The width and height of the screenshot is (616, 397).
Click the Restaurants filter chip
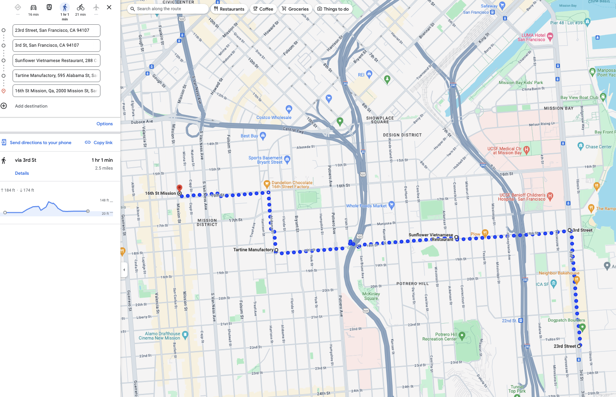[229, 9]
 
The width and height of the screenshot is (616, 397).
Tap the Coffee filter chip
[263, 9]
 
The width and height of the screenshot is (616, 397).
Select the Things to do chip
[333, 9]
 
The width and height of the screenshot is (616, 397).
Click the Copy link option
[99, 143]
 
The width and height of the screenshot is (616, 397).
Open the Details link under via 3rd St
[22, 173]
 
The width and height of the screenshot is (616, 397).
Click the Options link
[104, 124]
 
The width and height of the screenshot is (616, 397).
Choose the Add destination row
[31, 106]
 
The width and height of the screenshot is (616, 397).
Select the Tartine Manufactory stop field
[56, 76]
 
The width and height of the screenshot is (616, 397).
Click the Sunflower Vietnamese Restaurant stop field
[56, 60]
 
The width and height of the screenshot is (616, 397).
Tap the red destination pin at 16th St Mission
[179, 188]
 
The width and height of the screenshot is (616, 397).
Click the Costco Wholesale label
[274, 117]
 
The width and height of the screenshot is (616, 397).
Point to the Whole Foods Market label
[366, 206]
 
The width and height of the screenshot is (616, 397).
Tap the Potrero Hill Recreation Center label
[439, 337]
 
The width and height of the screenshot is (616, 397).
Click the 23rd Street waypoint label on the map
[565, 346]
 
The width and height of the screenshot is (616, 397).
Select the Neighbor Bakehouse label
[559, 273]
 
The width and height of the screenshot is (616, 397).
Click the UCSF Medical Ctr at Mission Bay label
[505, 151]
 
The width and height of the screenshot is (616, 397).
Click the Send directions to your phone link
[40, 143]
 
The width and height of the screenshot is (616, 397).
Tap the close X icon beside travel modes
[109, 7]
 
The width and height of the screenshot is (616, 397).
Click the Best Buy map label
[249, 136]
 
